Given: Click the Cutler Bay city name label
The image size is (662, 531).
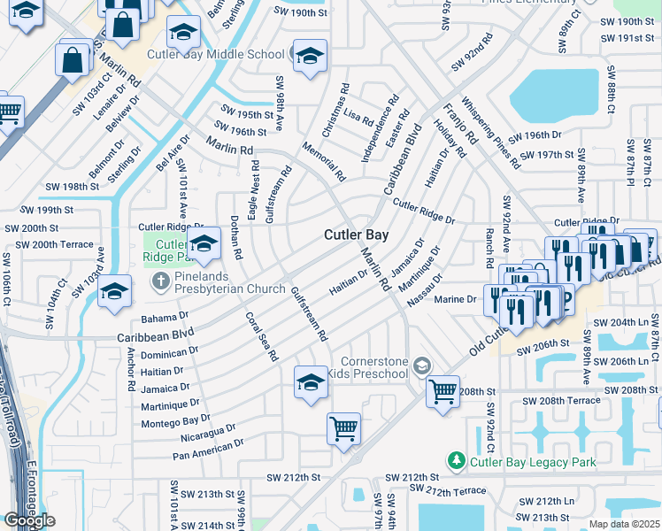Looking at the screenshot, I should pyautogui.click(x=356, y=235).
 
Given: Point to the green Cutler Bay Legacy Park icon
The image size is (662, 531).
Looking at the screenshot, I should pyautogui.click(x=456, y=461).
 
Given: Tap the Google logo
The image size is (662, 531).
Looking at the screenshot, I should pyautogui.click(x=29, y=520).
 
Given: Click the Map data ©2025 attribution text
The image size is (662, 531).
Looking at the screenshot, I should pyautogui.click(x=624, y=524).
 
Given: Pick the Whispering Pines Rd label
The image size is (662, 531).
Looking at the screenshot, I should pyautogui.click(x=489, y=133).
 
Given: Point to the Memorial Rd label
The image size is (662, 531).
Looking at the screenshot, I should pyautogui.click(x=323, y=160).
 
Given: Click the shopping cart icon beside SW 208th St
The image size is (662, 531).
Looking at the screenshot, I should pyautogui.click(x=443, y=389).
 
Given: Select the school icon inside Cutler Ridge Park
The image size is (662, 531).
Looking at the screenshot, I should pyautogui.click(x=204, y=244).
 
